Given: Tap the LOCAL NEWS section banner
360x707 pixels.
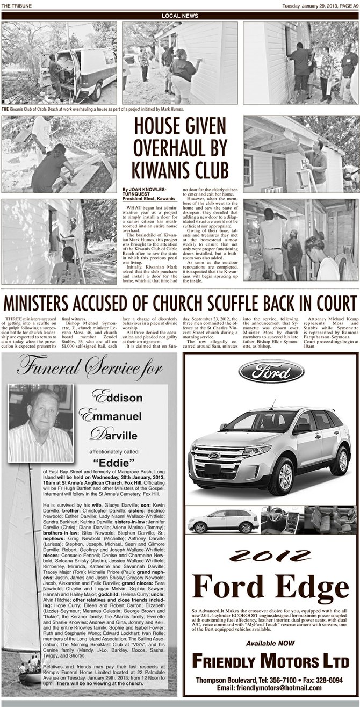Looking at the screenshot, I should pyautogui.click(x=180, y=16).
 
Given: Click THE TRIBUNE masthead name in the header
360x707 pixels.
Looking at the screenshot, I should pyautogui.click(x=16, y=5).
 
